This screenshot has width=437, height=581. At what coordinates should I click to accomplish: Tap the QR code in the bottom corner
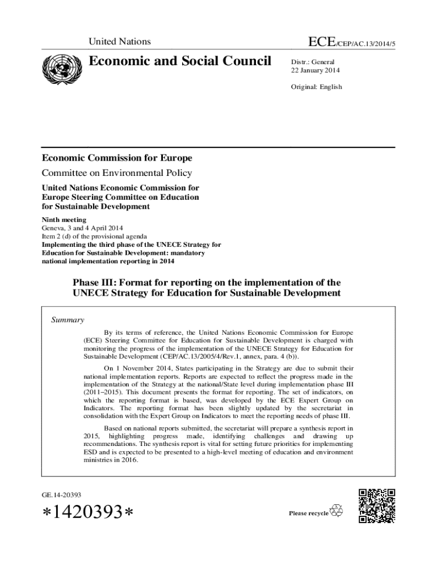click(x=377, y=506)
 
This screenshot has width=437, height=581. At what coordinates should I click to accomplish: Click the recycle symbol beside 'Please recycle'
click(x=337, y=511)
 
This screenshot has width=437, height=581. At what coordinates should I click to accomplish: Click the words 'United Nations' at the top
click(x=119, y=41)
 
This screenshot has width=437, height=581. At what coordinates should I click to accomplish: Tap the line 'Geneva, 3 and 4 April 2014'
click(x=82, y=228)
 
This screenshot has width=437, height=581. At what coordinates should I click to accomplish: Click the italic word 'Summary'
click(x=68, y=320)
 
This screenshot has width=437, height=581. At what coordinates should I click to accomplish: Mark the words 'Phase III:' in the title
click(x=94, y=282)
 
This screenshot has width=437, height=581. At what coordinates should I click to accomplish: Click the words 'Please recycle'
click(x=308, y=513)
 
